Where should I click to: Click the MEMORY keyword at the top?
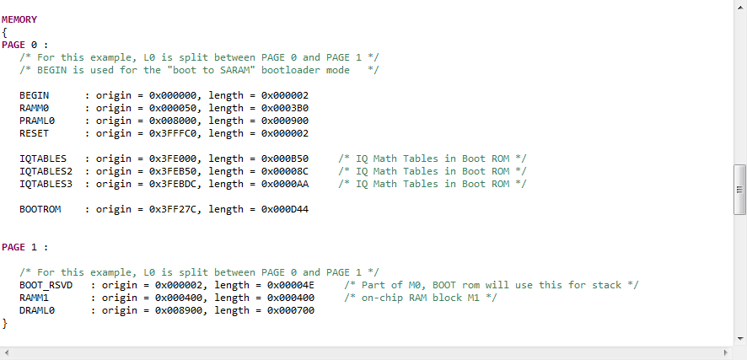[x=19, y=19]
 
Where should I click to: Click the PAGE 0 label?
[x=19, y=45]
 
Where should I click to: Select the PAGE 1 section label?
[x=19, y=247]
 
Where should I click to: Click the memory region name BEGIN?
[x=35, y=95]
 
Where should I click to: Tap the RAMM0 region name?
[x=35, y=108]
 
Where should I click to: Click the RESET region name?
[x=35, y=133]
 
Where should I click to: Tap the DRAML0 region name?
[x=37, y=310]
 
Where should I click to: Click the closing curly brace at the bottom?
[x=4, y=323]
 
